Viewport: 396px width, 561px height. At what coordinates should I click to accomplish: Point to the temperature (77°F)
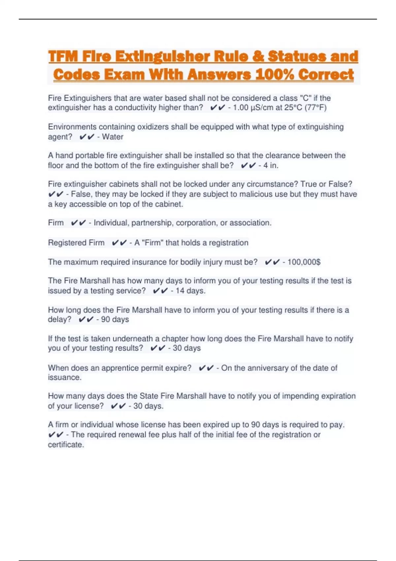click(315, 108)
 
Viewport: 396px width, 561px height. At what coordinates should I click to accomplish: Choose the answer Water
click(113, 137)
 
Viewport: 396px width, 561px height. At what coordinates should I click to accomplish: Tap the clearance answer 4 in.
click(271, 166)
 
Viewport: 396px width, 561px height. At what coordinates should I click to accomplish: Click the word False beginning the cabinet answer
click(80, 194)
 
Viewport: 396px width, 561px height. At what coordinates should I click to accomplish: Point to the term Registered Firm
click(76, 243)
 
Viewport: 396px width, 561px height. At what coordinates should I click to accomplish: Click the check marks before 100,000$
click(273, 262)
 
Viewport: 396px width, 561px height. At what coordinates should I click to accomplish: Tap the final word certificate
click(66, 445)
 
